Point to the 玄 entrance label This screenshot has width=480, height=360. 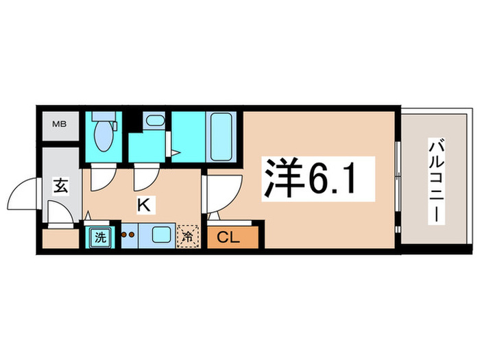pos(59,184)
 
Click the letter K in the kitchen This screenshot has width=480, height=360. pos(144,204)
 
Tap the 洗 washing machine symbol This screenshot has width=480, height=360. pos(101,238)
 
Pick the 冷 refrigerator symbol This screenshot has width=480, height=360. pos(187,238)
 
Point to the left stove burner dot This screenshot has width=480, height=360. pos(125,234)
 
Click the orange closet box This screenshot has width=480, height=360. pos(234,238)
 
